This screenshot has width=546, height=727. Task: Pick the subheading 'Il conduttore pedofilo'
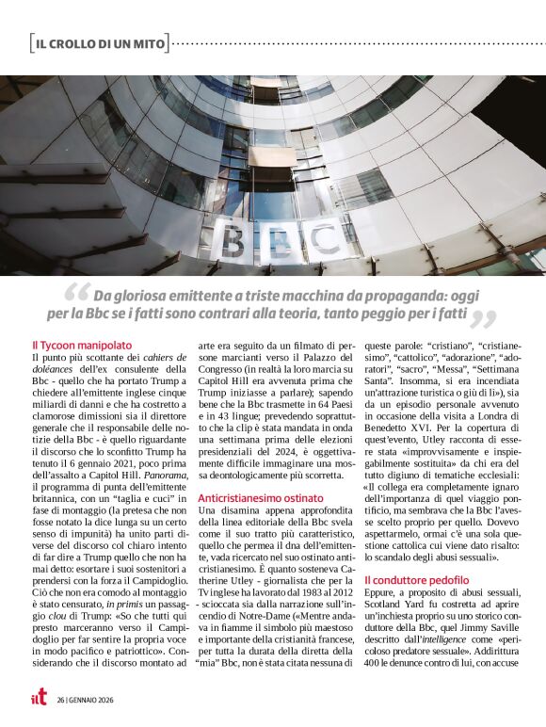click(415, 581)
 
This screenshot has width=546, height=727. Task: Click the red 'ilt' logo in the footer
click(38, 700)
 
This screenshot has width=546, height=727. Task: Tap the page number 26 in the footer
click(60, 701)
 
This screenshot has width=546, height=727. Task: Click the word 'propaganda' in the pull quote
click(370, 294)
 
